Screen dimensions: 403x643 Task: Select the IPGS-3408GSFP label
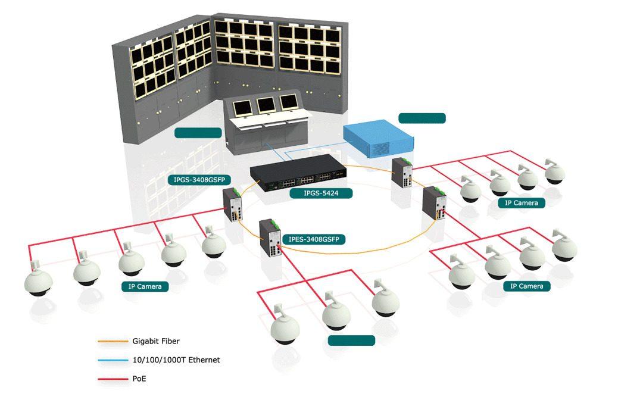pos(199,179)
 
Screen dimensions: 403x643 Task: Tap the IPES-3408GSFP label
pos(316,239)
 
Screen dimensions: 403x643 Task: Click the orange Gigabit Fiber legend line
pos(113,341)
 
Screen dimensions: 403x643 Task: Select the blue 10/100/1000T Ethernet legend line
pos(113,360)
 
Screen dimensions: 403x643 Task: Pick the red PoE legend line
pos(113,379)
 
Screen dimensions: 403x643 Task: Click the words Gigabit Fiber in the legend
pos(156,341)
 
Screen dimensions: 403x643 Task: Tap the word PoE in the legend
pos(139,379)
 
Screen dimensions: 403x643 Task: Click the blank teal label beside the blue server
pos(422,118)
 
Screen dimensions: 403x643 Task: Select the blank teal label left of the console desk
pos(198,132)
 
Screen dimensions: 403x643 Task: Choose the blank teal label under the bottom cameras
pos(352,340)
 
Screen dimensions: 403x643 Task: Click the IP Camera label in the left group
pos(145,286)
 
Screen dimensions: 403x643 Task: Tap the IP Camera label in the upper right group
pos(522,202)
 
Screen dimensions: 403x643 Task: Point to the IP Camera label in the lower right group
pos(527,286)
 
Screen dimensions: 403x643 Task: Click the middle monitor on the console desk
pos(266,105)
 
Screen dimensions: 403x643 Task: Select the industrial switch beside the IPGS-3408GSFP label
pos(232,204)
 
